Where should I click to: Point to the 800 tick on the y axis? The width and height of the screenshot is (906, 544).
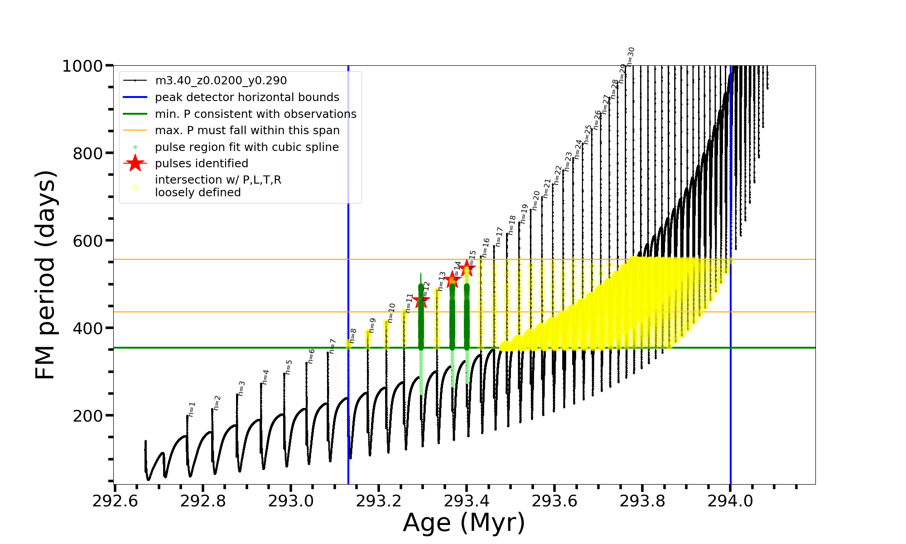point(88,154)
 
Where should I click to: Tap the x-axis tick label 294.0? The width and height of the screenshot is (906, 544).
point(730,501)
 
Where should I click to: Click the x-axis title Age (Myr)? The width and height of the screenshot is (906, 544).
point(464,523)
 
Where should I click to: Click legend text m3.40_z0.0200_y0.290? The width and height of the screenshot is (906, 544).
point(221,81)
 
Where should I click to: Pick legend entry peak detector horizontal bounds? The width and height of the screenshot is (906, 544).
point(247,97)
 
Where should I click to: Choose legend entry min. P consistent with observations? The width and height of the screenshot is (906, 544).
point(255,114)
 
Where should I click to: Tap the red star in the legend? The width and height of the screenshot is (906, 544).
point(135,163)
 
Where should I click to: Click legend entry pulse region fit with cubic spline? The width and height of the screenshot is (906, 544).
point(246,147)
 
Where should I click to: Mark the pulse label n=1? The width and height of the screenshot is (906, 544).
point(192,409)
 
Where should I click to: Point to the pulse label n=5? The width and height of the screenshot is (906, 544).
point(289,367)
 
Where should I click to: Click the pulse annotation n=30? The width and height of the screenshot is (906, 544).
point(631,57)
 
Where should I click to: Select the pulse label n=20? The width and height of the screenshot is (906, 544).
point(536,200)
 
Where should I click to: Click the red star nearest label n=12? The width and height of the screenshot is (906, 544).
point(421,300)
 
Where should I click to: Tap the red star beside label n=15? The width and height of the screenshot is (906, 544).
point(467,268)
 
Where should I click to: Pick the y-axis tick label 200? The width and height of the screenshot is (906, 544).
point(87,416)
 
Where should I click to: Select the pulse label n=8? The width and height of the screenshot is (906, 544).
point(353,336)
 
